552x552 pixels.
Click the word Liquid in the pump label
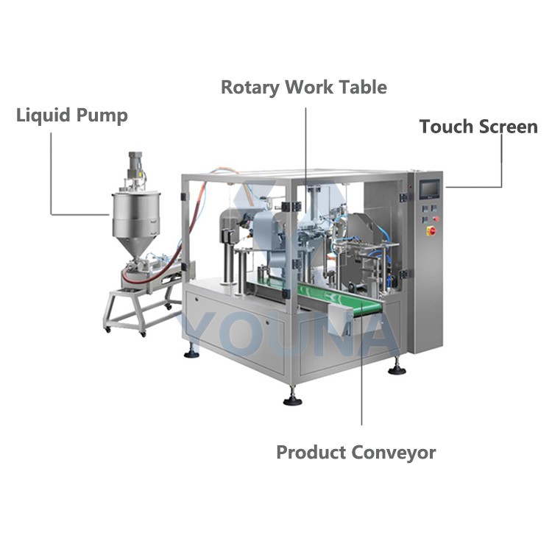point(43,116)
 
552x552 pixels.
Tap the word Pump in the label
point(102,116)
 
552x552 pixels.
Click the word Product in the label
point(311,452)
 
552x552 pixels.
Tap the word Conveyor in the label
point(394,453)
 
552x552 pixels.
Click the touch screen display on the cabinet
point(429,189)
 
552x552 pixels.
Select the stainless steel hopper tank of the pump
point(136,214)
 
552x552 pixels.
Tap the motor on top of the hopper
point(135,165)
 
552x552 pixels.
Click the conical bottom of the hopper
point(136,247)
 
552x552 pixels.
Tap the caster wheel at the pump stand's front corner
point(143,333)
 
